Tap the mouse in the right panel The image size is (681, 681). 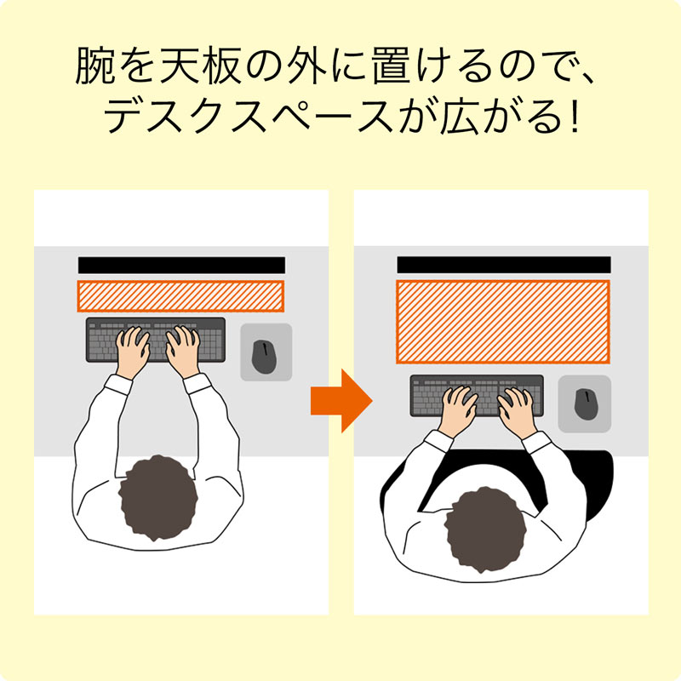(585, 403)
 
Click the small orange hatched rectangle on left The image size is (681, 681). (180, 295)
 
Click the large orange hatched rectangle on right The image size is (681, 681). (502, 320)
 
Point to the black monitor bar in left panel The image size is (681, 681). (181, 265)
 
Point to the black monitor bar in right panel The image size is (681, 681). (503, 264)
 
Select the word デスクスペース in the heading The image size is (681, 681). (247, 118)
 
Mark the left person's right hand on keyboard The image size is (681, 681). (182, 349)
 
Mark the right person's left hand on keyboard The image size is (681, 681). (458, 409)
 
